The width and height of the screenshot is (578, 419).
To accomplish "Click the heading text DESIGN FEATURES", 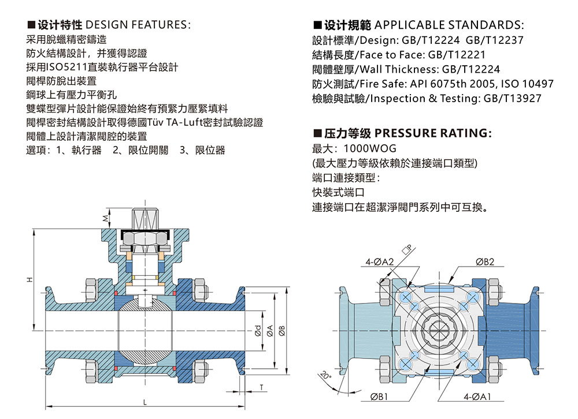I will click(138, 25).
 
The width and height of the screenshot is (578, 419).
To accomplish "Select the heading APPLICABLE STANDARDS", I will click(449, 25).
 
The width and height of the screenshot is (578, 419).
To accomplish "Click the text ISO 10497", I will click(527, 84).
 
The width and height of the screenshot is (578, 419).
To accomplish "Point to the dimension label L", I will click(145, 402).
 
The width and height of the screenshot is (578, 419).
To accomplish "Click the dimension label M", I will click(105, 218).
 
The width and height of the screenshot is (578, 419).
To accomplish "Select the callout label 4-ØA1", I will click(477, 397).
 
